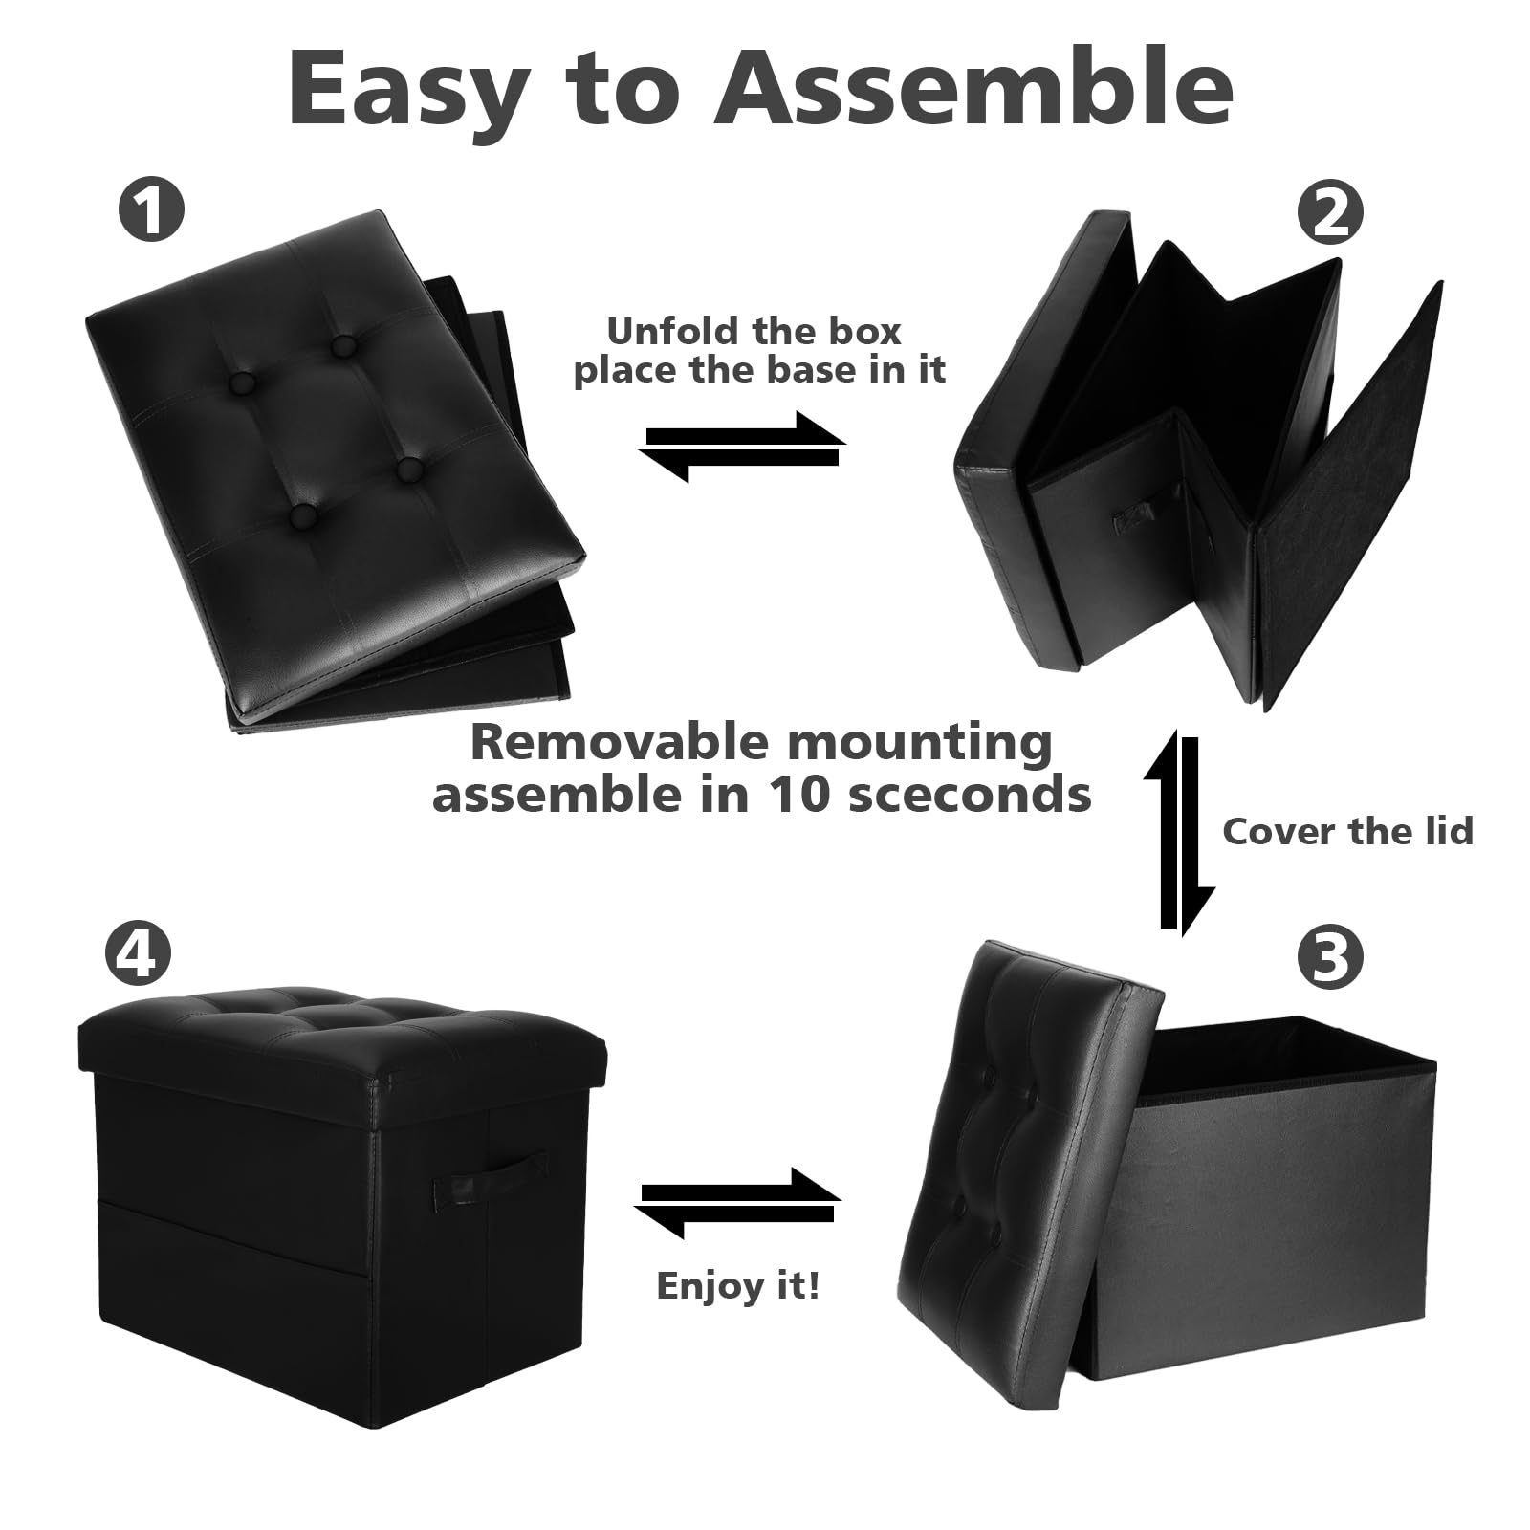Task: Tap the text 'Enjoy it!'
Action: pos(737,1285)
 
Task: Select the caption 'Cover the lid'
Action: pos(1347,831)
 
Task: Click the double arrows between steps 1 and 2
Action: pos(742,447)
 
